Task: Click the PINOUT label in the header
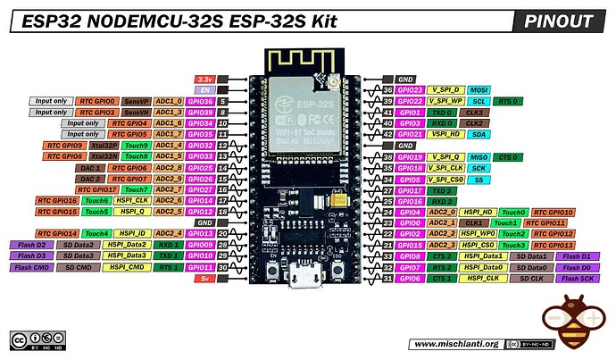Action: pyautogui.click(x=559, y=21)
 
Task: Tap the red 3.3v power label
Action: pyautogui.click(x=204, y=80)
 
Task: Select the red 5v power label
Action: pyautogui.click(x=204, y=278)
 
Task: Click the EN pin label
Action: pyautogui.click(x=204, y=90)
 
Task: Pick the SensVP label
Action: pyautogui.click(x=136, y=102)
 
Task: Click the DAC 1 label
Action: pyautogui.click(x=91, y=167)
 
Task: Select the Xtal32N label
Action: pyautogui.click(x=105, y=156)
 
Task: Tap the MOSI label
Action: pyautogui.click(x=479, y=90)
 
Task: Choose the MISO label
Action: pyautogui.click(x=479, y=156)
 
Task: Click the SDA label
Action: pyautogui.click(x=479, y=134)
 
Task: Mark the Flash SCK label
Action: pyautogui.click(x=572, y=278)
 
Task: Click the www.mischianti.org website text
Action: pyautogui.click(x=455, y=344)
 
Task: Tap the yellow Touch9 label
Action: pyautogui.click(x=136, y=145)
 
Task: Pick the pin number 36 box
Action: pyautogui.click(x=387, y=90)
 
